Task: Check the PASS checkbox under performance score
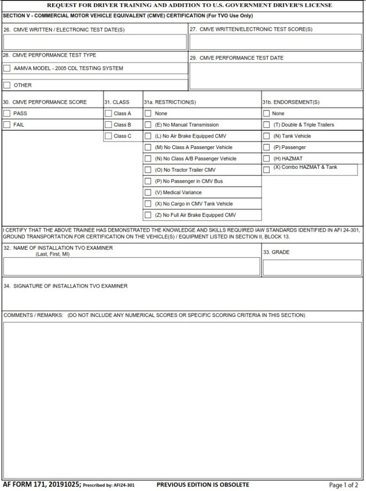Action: tap(7, 114)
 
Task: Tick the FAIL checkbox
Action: tap(7, 125)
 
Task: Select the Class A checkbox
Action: tap(108, 114)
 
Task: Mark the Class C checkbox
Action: tap(108, 136)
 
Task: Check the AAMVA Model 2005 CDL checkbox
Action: tap(7, 69)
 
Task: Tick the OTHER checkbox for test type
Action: tap(7, 85)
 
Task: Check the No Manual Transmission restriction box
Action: tap(148, 125)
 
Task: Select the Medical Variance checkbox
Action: tap(148, 193)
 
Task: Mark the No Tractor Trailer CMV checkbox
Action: tap(148, 170)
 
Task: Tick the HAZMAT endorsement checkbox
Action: tap(266, 159)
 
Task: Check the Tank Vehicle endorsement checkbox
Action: tap(266, 136)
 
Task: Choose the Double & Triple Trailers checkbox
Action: tap(266, 125)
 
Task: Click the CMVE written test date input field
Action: tap(94, 42)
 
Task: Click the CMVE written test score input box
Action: tap(275, 42)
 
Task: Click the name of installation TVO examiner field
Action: tap(131, 267)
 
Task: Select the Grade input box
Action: tap(312, 267)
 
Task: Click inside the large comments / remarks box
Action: tap(182, 400)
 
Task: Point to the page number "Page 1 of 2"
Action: tap(343, 485)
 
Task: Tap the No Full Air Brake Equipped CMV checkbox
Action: tap(148, 215)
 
